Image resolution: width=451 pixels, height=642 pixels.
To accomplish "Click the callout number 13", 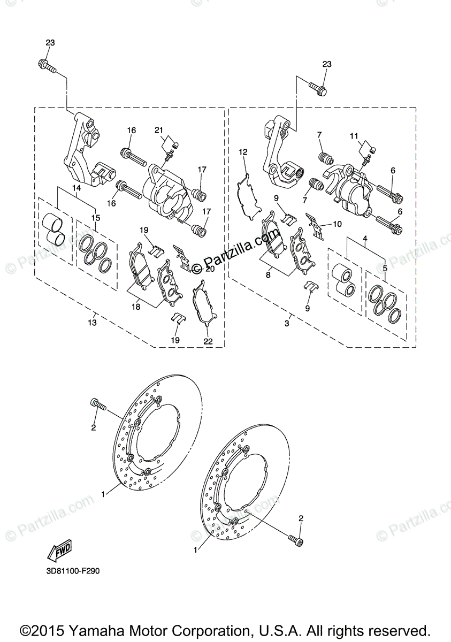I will (93, 323).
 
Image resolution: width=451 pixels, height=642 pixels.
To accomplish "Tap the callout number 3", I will (287, 323).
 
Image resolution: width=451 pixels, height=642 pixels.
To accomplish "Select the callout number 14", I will (77, 188).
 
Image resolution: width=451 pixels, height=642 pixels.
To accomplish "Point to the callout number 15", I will (96, 218).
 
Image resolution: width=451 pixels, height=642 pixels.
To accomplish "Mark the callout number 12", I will (243, 152).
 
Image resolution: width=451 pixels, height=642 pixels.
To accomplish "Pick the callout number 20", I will (210, 269).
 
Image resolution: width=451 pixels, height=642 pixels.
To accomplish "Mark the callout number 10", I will (337, 225).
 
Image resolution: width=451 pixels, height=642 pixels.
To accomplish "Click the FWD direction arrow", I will (59, 551).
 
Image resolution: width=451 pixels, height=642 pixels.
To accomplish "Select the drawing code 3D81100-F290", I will (72, 571).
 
